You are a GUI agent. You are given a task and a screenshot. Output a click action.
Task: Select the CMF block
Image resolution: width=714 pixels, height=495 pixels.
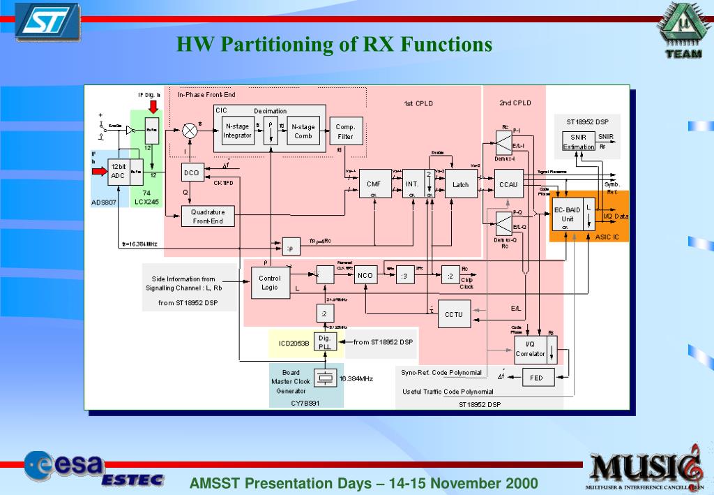point(374,185)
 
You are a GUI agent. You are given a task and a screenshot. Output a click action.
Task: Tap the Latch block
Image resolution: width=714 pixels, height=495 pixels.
point(460,184)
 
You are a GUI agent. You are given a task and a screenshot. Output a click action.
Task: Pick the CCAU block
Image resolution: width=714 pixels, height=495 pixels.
point(508,185)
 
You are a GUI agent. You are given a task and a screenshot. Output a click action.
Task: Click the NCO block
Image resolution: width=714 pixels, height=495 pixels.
point(365,276)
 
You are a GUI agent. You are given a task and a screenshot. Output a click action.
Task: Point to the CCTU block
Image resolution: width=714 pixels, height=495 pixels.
point(454,314)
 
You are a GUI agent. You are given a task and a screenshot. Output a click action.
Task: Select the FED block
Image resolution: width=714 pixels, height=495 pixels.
point(536,378)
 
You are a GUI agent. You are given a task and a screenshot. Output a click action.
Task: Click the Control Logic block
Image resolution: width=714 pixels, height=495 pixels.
point(270,283)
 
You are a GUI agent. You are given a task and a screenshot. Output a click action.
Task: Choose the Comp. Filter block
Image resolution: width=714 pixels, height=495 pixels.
point(345,131)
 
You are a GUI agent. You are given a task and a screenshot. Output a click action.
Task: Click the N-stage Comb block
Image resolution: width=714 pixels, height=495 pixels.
point(303,131)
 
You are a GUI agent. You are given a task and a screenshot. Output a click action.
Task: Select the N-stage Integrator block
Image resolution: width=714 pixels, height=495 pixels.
point(237,131)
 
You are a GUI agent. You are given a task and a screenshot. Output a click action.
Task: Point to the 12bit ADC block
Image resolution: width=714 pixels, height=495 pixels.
point(119,172)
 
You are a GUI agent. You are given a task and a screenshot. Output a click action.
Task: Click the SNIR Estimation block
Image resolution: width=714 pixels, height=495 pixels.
point(579,142)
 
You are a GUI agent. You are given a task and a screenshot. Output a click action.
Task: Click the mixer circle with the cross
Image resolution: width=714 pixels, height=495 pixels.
point(189,130)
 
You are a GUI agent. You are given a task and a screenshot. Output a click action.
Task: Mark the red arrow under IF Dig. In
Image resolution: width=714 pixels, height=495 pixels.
point(153,105)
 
